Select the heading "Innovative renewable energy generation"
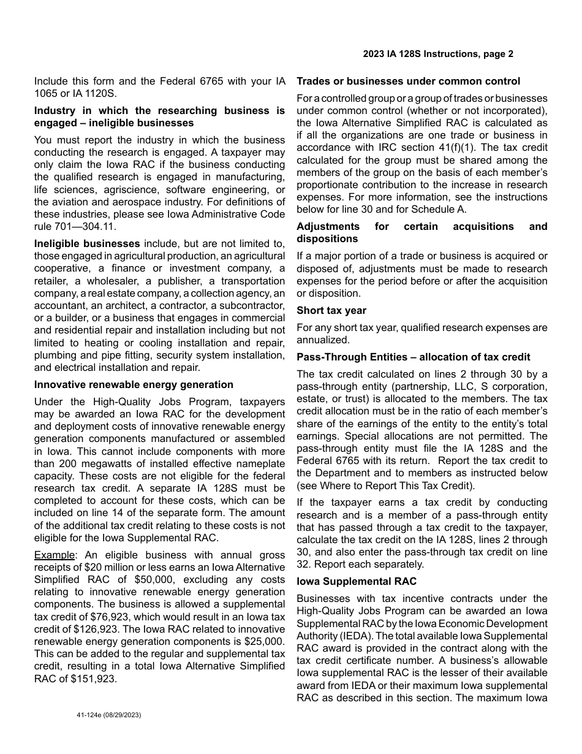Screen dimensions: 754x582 point(134,384)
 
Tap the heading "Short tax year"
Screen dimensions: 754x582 point(331,310)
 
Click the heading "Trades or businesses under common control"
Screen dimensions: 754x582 point(409,81)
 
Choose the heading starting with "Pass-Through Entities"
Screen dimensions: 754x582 point(414,357)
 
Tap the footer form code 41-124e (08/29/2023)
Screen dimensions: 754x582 point(108,715)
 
